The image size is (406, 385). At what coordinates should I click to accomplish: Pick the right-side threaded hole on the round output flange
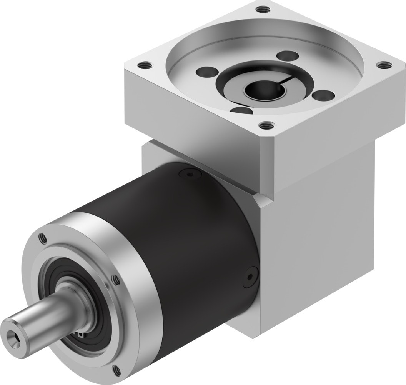click(x=113, y=278)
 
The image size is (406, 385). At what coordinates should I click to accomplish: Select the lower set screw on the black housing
click(x=250, y=276)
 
